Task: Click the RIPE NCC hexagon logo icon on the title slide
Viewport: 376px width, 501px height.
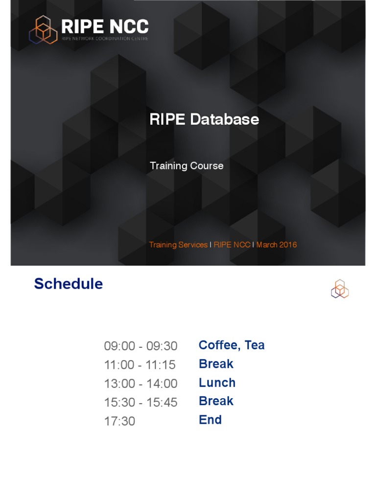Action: pyautogui.click(x=43, y=30)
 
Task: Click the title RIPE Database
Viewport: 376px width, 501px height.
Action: pyautogui.click(x=204, y=119)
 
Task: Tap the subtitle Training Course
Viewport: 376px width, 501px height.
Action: pyautogui.click(x=187, y=166)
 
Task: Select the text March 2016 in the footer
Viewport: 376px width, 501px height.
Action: pyautogui.click(x=277, y=245)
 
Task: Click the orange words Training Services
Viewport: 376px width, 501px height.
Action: pyautogui.click(x=178, y=245)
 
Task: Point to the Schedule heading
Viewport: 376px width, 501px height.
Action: pyautogui.click(x=69, y=284)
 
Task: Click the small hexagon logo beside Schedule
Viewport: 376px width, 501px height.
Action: pyautogui.click(x=340, y=289)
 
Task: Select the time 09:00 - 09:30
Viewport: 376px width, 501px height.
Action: pyautogui.click(x=141, y=346)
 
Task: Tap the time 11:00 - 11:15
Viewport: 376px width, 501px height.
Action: pyautogui.click(x=140, y=365)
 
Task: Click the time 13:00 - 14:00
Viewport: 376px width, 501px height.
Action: pyautogui.click(x=141, y=384)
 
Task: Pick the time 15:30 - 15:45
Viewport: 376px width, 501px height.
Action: pyautogui.click(x=141, y=403)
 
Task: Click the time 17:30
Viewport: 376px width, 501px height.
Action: pyautogui.click(x=119, y=421)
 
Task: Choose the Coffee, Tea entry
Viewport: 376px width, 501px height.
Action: pyautogui.click(x=232, y=345)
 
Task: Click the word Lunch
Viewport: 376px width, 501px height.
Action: pyautogui.click(x=217, y=383)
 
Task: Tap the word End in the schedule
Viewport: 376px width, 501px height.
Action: pyautogui.click(x=210, y=420)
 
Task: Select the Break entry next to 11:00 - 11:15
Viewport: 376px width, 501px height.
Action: pyautogui.click(x=216, y=364)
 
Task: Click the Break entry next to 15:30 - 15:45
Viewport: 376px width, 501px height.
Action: pyautogui.click(x=216, y=401)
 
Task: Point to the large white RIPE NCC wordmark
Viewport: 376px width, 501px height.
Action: pyautogui.click(x=105, y=26)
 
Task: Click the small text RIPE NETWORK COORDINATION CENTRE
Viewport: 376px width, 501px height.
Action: pyautogui.click(x=105, y=39)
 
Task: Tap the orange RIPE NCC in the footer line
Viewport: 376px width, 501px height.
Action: pyautogui.click(x=232, y=245)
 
